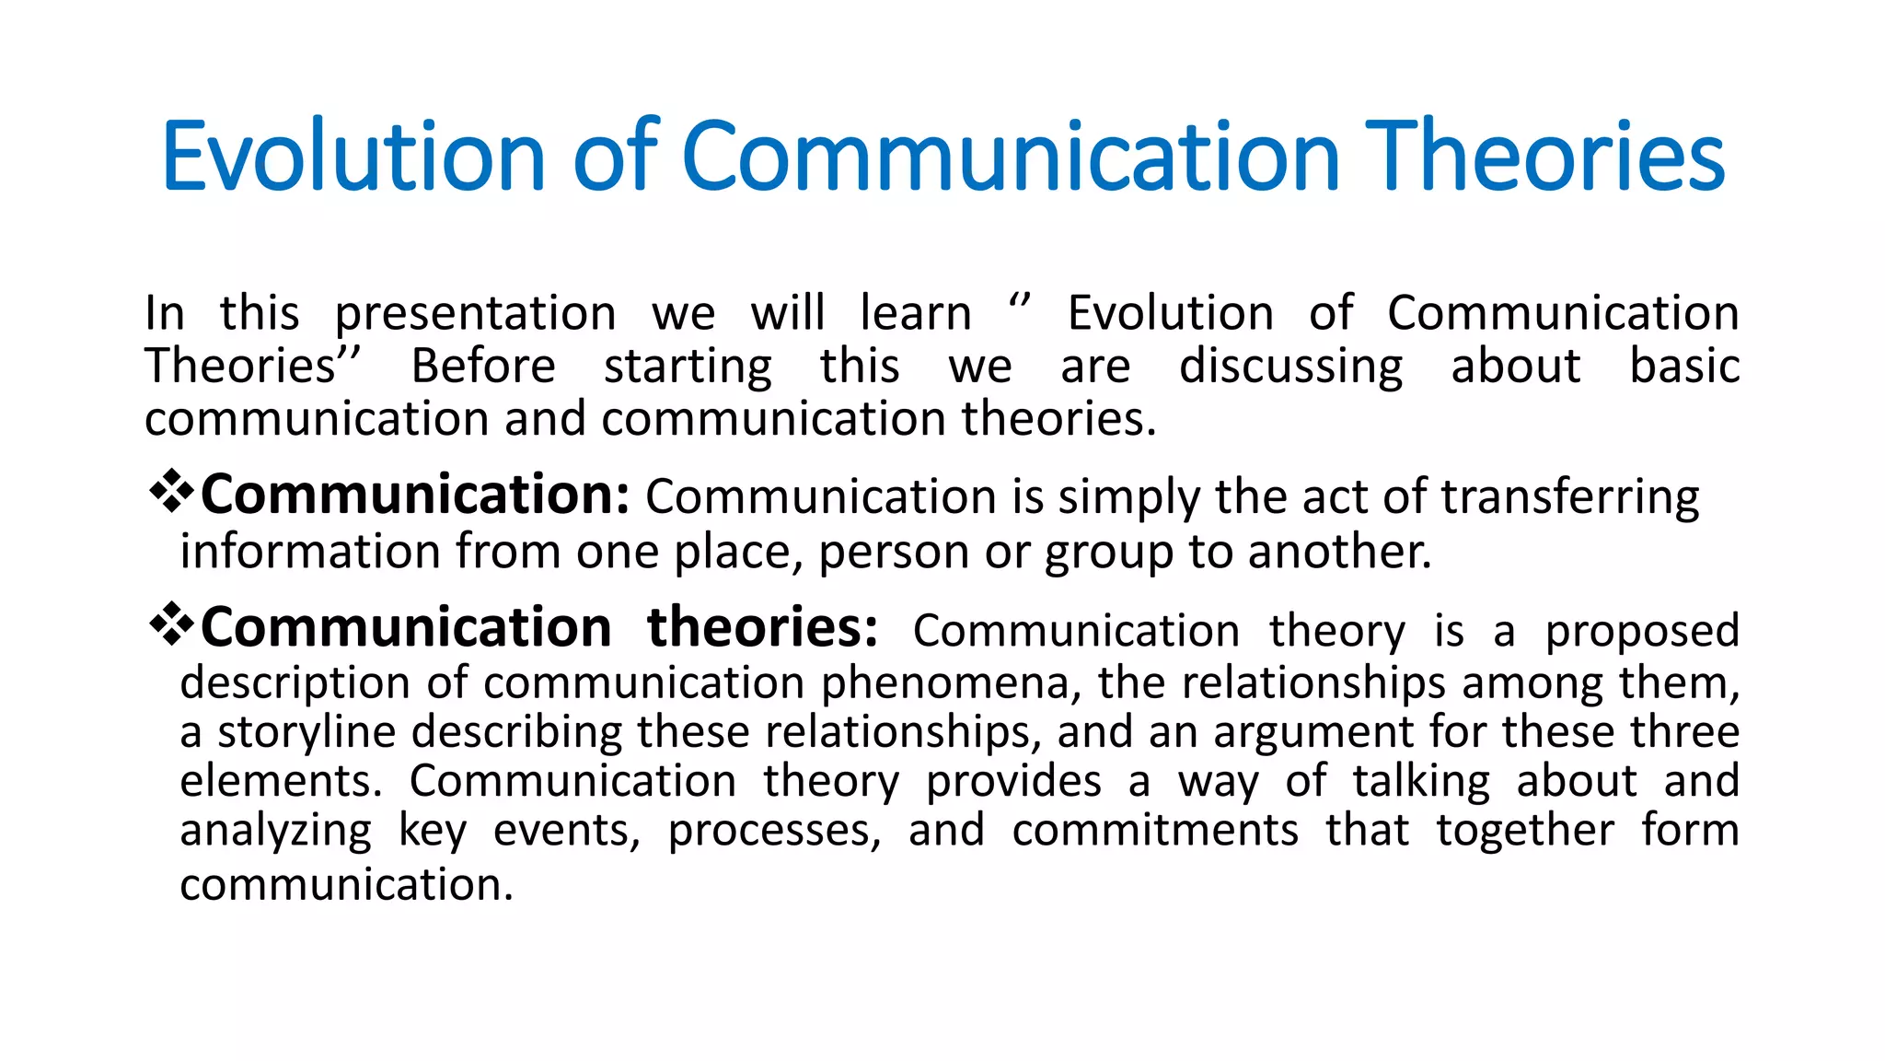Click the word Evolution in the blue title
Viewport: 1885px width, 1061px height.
tap(354, 157)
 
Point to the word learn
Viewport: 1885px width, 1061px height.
tap(915, 313)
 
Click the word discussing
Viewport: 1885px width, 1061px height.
tap(1290, 367)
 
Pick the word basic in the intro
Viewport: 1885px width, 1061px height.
tap(1683, 366)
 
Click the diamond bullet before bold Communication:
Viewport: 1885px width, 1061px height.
tap(171, 492)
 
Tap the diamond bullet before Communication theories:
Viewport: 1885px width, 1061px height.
tap(171, 625)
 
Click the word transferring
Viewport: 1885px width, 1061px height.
tap(1569, 498)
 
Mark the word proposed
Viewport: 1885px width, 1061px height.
tap(1642, 633)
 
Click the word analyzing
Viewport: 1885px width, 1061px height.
tap(275, 832)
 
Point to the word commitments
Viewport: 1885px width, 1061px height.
tap(1155, 830)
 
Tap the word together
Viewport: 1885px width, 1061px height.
tap(1524, 832)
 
